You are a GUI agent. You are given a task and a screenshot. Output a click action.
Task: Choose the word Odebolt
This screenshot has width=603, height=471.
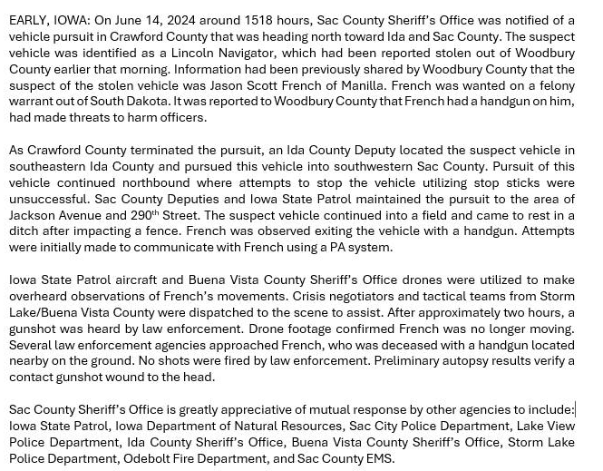coord(149,459)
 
